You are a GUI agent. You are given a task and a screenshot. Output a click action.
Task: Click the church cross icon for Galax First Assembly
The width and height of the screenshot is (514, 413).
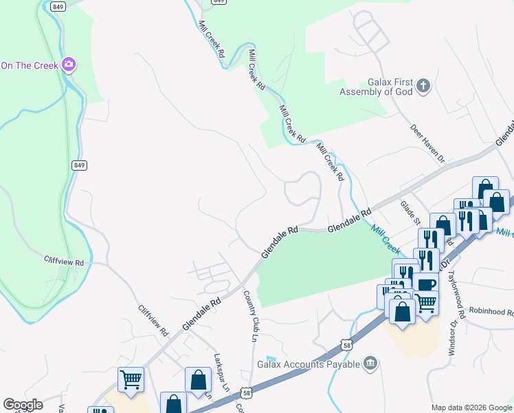(x=423, y=86)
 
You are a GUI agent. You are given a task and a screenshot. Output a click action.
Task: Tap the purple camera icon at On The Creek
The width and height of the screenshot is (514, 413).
(x=68, y=65)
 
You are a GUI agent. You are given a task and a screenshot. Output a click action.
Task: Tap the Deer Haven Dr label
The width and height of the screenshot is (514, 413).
(x=428, y=143)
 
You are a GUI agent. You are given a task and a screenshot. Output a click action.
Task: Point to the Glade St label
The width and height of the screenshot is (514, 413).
(x=410, y=210)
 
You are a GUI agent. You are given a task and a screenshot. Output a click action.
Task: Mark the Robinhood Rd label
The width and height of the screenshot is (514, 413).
(x=493, y=312)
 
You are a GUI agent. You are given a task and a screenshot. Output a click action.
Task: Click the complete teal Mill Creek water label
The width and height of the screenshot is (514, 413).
(x=385, y=237)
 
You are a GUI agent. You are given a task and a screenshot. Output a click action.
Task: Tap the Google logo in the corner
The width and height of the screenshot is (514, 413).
(x=23, y=405)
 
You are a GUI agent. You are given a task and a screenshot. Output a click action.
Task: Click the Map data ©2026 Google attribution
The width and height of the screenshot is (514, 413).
(x=472, y=407)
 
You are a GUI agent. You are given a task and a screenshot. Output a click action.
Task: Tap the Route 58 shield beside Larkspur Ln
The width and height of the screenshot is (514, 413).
(x=246, y=392)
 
